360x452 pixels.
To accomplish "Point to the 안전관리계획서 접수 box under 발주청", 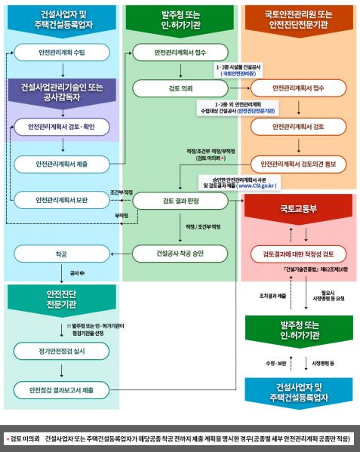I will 180,54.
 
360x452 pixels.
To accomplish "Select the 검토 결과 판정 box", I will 180,200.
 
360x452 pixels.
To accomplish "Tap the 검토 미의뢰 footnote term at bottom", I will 24,438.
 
